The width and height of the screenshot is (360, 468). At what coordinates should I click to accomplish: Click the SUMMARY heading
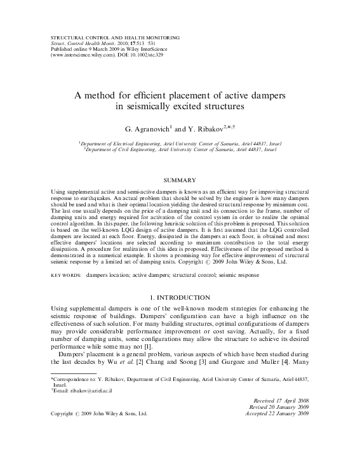tap(180, 181)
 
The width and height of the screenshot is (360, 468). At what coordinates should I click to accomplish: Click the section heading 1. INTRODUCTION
tap(180, 297)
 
